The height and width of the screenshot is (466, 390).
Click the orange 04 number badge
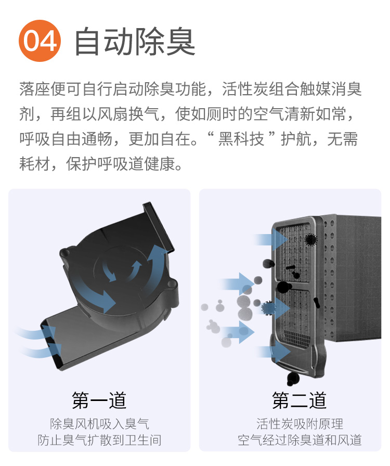point(40,41)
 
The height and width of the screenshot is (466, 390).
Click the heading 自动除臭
point(135,41)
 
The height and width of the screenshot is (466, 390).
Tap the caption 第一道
point(99,400)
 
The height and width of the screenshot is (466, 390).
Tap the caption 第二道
point(300,400)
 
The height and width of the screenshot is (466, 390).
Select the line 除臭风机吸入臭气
point(99,424)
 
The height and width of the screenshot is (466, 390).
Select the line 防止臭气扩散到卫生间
point(99,440)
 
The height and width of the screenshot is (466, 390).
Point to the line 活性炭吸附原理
point(300,424)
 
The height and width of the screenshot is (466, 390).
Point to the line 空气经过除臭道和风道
point(300,440)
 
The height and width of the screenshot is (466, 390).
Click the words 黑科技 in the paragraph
point(241,139)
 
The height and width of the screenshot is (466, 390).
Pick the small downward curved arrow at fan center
point(109,271)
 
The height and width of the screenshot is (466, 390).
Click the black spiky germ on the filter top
point(310,239)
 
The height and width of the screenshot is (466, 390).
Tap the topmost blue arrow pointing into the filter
point(271,240)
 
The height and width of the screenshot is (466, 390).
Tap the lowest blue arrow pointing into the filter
point(274,352)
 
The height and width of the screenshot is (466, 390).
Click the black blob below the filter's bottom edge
point(293,379)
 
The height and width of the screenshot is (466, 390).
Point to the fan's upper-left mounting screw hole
point(65,253)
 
